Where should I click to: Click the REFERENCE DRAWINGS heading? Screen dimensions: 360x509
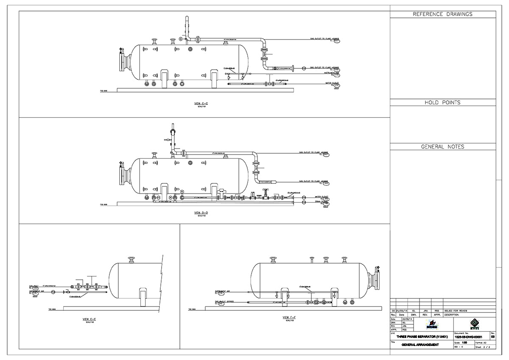[442, 14]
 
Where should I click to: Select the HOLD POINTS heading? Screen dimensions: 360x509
[442, 103]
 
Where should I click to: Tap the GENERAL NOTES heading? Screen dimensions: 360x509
[442, 147]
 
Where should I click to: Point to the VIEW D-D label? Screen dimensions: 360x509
[200, 212]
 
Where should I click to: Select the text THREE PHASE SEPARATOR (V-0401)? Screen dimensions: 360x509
[420, 337]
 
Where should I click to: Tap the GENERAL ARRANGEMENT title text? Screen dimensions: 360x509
[420, 345]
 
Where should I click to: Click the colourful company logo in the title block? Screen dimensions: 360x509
[432, 325]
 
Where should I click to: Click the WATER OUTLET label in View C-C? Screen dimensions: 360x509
[332, 83]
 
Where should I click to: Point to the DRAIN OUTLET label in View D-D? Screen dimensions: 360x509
[321, 202]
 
